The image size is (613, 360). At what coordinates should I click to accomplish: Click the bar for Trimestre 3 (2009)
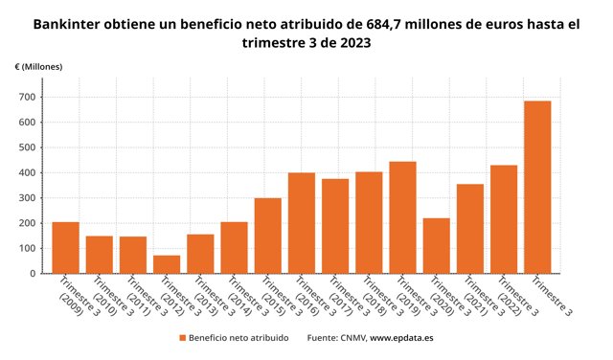point(66,248)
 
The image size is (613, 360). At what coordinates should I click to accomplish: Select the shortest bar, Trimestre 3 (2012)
point(167,264)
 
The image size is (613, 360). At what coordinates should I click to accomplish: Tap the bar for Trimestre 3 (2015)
point(268,236)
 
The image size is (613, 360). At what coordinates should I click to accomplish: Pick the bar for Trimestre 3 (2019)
point(402,217)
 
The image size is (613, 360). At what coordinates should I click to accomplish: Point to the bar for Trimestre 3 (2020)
point(437,246)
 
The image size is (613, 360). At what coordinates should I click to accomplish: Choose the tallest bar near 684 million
point(537,188)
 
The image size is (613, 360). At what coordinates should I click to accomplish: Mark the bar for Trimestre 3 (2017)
point(335,226)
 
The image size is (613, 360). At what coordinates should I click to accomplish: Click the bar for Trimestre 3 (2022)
point(504,219)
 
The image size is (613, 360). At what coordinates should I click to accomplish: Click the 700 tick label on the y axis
point(27,97)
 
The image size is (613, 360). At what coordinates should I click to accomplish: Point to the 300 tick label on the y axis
point(27,198)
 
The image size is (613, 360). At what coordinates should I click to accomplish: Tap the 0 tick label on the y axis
point(33,274)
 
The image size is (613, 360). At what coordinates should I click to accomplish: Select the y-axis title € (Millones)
point(38,67)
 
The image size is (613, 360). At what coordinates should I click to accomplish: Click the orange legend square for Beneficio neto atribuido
point(183,338)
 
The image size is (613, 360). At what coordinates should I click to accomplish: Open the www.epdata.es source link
point(401,338)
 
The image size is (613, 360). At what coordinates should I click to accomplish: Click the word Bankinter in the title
point(66,24)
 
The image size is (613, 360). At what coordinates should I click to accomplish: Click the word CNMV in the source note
point(353,338)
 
